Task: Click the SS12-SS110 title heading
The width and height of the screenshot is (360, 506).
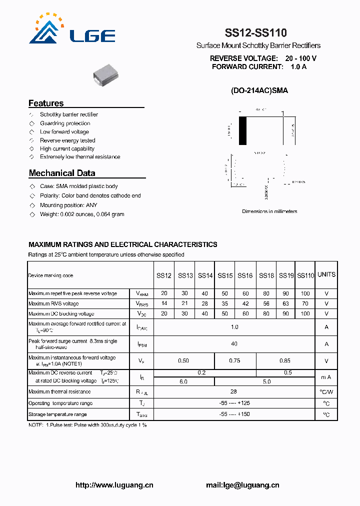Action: (255, 33)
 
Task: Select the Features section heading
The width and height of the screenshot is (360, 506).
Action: (46, 103)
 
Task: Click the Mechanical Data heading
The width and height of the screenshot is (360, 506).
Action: (62, 173)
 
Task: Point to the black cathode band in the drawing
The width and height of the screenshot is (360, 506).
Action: (243, 130)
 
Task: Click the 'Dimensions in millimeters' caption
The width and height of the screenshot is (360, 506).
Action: (269, 211)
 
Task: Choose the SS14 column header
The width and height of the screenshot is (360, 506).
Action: (205, 275)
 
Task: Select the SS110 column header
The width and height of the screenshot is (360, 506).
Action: (305, 275)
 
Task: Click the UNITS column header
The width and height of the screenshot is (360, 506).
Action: (326, 274)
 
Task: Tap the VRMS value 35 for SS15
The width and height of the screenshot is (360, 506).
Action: (225, 303)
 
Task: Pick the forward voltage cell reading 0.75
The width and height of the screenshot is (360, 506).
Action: (234, 360)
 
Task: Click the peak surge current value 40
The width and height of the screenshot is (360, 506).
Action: (234, 344)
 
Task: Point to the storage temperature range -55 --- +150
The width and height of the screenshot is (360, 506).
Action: (234, 414)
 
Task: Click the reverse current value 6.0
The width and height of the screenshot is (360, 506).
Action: (183, 381)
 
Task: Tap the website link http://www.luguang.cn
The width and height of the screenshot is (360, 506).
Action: (114, 485)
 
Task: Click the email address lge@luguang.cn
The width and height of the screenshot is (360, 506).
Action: (242, 485)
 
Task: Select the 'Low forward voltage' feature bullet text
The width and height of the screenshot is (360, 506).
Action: (64, 132)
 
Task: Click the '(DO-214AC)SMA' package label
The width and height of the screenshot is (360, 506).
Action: (259, 91)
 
